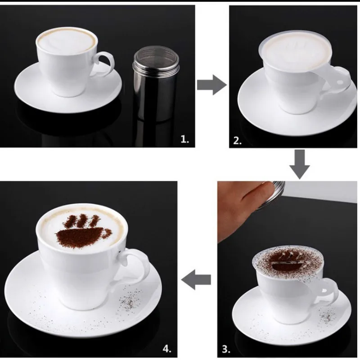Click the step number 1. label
coord(184,139)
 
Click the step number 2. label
coord(238,140)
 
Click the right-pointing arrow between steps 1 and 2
coord(211,84)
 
